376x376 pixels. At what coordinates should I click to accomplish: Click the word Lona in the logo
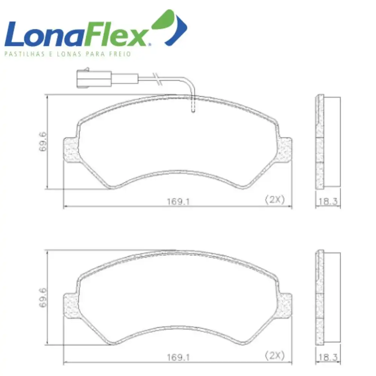click(44, 34)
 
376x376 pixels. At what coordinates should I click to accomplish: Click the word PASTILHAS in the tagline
click(24, 54)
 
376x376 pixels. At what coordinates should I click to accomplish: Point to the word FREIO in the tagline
click(120, 54)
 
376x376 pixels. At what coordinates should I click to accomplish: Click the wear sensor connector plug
click(94, 79)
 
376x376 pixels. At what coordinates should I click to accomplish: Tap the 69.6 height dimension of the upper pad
click(43, 141)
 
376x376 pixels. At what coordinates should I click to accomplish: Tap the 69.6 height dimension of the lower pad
click(43, 297)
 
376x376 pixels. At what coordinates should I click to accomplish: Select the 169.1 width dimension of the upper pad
click(178, 202)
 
